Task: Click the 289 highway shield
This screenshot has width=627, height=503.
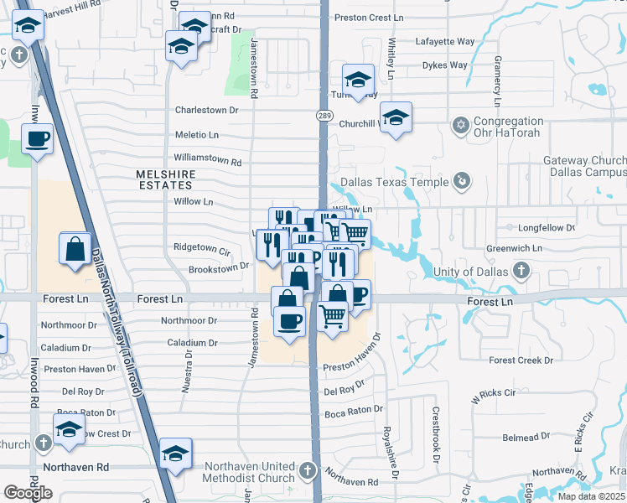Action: [x=323, y=115]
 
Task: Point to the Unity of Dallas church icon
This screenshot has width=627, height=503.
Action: [x=521, y=271]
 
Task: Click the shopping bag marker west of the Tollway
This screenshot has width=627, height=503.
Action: [x=75, y=249]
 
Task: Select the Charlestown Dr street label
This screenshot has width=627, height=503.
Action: [x=206, y=110]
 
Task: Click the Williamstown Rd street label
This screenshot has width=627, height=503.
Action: [x=207, y=158]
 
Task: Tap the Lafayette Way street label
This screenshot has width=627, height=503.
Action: [x=445, y=41]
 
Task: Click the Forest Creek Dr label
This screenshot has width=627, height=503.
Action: [x=521, y=360]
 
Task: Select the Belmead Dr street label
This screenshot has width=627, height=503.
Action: [x=525, y=436]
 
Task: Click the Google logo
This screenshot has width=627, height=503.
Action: [x=28, y=493]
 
